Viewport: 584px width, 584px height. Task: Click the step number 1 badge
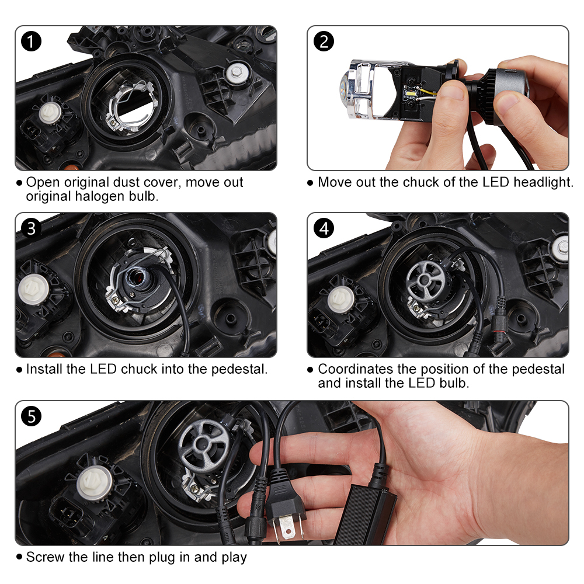tap(32, 42)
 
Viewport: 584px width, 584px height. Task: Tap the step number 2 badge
tap(324, 42)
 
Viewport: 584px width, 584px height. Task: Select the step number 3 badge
tap(32, 228)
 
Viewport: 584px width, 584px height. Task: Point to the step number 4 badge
tap(324, 228)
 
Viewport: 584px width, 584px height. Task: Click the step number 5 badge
tap(32, 416)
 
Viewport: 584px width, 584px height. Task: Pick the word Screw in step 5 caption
tap(45, 557)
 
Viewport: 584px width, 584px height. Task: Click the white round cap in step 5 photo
tap(95, 482)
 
